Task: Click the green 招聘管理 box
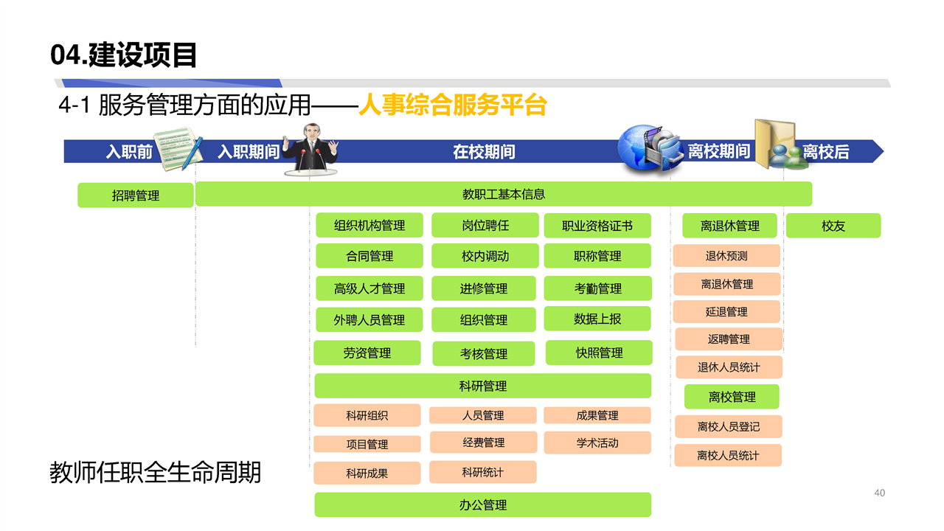coord(135,195)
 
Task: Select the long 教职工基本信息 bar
coord(504,194)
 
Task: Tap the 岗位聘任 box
coord(485,226)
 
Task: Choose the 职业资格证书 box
coord(597,226)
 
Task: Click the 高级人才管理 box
coord(369,288)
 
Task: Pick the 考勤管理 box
coord(597,288)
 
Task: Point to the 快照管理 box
coord(599,353)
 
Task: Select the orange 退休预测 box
coord(726,256)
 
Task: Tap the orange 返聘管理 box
coord(729,339)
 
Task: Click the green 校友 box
coord(833,226)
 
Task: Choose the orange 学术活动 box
coord(597,443)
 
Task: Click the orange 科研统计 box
coord(482,473)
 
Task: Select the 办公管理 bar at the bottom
coord(483,504)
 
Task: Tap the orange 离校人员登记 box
coord(728,426)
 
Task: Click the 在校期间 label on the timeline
coord(484,152)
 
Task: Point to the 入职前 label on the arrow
coord(129,151)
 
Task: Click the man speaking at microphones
coord(311,149)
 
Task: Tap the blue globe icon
coord(639,148)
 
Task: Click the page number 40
coord(880,493)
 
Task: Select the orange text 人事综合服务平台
coord(453,105)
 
